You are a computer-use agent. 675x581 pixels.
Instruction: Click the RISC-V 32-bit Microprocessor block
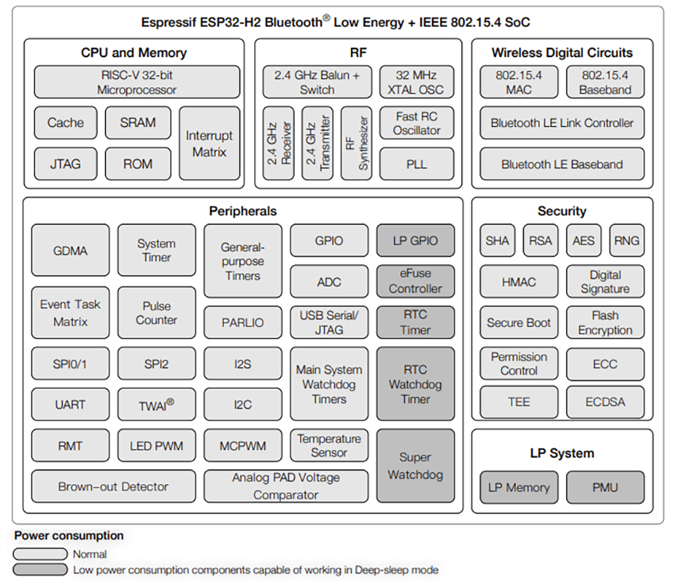(x=137, y=82)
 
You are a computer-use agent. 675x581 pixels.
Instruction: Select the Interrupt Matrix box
(x=210, y=144)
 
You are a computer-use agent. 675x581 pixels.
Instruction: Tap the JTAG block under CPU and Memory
(x=65, y=164)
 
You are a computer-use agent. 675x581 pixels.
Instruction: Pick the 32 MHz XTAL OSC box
(x=417, y=82)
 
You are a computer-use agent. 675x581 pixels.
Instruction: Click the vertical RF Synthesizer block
(x=356, y=144)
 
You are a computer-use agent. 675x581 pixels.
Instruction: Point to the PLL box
(x=417, y=164)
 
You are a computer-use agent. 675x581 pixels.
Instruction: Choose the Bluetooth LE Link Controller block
(x=561, y=123)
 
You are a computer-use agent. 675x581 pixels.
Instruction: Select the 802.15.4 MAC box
(x=519, y=82)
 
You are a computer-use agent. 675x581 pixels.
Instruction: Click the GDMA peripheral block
(x=71, y=250)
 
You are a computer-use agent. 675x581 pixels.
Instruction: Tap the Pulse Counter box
(x=156, y=313)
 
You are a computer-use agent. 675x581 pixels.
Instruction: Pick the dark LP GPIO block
(x=415, y=240)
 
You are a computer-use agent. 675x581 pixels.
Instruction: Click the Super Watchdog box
(x=415, y=466)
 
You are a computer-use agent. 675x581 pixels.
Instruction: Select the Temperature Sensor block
(x=329, y=445)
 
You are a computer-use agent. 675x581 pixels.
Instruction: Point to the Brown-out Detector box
(x=114, y=487)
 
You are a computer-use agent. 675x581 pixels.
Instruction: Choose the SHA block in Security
(x=497, y=240)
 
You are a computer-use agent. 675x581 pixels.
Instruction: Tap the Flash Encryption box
(x=605, y=322)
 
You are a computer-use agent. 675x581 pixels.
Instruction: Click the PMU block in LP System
(x=605, y=487)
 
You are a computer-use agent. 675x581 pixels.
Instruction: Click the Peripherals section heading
(x=243, y=211)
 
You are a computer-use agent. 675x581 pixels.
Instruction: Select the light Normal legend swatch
(x=40, y=554)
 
